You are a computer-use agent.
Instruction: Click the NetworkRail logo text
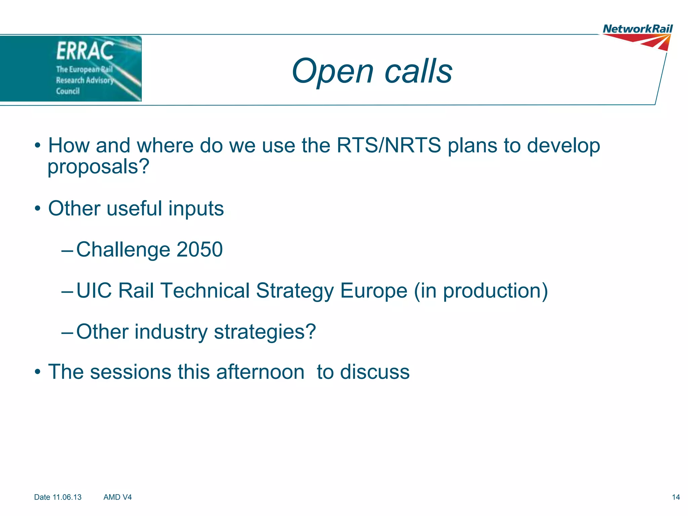637,29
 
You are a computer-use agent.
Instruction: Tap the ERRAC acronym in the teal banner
85,51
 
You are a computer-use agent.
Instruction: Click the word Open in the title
332,71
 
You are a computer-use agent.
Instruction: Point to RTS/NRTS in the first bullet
389,145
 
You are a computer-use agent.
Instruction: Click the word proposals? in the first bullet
98,167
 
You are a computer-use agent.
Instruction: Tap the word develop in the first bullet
563,146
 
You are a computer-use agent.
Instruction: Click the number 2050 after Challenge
199,249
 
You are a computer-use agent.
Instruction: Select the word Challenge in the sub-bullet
123,250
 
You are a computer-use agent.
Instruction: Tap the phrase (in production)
481,291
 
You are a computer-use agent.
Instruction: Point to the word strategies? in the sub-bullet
265,332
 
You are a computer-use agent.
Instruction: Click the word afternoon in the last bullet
260,372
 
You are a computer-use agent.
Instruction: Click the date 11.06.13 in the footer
67,497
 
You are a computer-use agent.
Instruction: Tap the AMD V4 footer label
118,497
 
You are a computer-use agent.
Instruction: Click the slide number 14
676,497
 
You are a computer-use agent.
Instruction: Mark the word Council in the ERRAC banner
68,91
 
